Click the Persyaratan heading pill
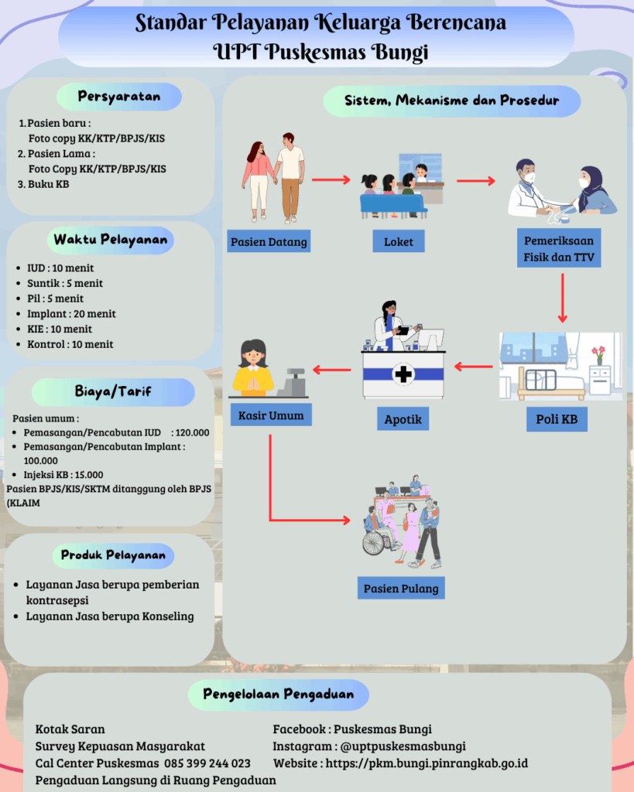pyautogui.click(x=119, y=97)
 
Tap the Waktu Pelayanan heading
pyautogui.click(x=110, y=240)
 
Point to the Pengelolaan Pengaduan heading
pyautogui.click(x=278, y=695)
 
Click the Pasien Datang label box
pyautogui.click(x=269, y=242)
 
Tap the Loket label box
pyautogui.click(x=399, y=242)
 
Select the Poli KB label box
pyautogui.click(x=557, y=419)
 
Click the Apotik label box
pyautogui.click(x=403, y=419)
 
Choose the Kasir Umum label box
pyautogui.click(x=271, y=415)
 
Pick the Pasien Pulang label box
pyautogui.click(x=401, y=589)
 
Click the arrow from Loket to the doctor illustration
pyautogui.click(x=475, y=182)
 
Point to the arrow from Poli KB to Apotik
pyautogui.click(x=473, y=366)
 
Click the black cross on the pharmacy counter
pyautogui.click(x=403, y=375)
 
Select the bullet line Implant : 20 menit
pyautogui.click(x=70, y=313)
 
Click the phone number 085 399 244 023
pyautogui.click(x=207, y=763)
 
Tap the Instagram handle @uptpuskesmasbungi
pyautogui.click(x=403, y=746)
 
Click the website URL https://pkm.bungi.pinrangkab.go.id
pyautogui.click(x=427, y=763)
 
